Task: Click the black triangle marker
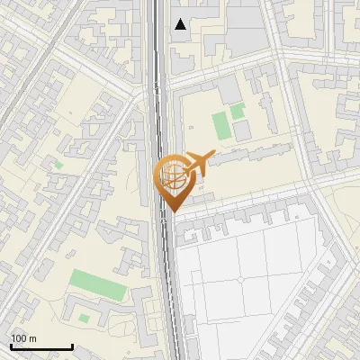[x=181, y=24]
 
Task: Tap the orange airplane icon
[x=198, y=162]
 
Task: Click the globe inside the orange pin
[x=171, y=175]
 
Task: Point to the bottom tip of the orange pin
[x=171, y=211]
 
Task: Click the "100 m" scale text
[x=23, y=337]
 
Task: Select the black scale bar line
[x=41, y=346]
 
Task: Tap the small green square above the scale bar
[x=84, y=318]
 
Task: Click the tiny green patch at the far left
[x=58, y=166]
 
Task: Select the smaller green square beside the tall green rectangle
[x=237, y=112]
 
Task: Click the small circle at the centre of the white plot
[x=241, y=280]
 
